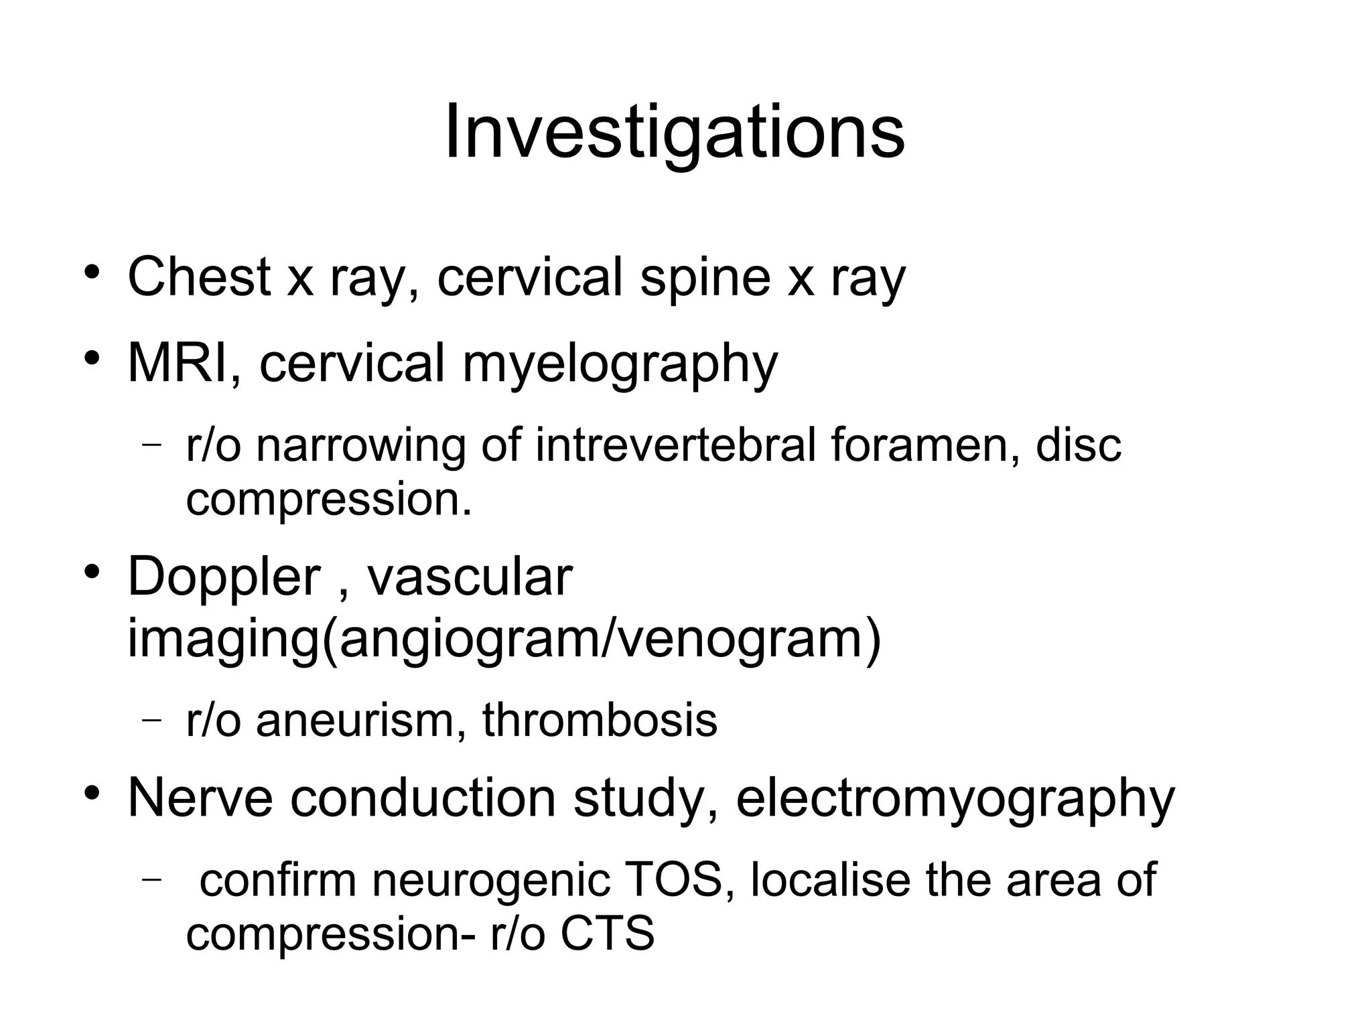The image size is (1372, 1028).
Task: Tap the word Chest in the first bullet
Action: [199, 277]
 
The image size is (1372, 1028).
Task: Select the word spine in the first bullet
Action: [705, 277]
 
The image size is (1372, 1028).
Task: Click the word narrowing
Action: [360, 445]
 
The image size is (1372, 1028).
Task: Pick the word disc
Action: [1078, 445]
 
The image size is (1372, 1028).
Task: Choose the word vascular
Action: [470, 577]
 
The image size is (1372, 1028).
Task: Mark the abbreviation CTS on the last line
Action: [607, 934]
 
